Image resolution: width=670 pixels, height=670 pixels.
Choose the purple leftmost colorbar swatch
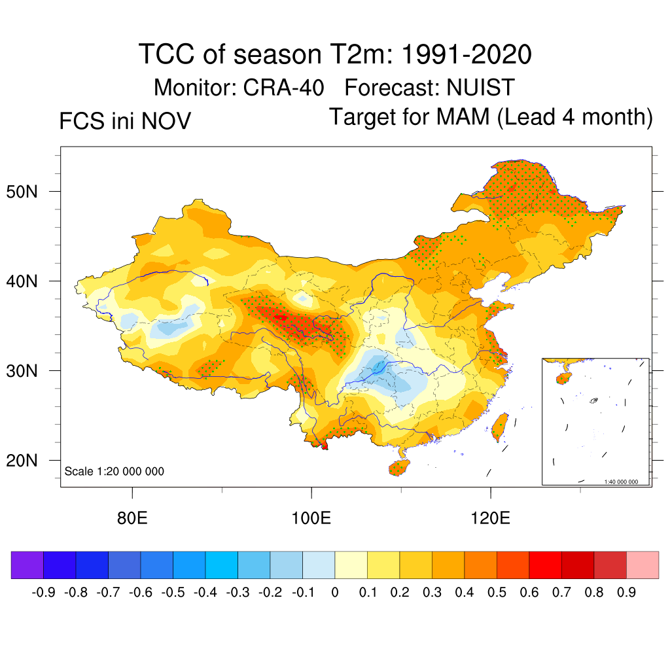click(27, 565)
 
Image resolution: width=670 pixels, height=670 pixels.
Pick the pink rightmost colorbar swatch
click(643, 565)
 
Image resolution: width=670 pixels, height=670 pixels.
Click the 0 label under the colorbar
click(335, 593)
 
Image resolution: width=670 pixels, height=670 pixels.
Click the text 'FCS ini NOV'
click(125, 121)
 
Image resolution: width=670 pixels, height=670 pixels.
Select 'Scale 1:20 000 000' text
click(115, 471)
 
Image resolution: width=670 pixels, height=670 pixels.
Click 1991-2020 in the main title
click(465, 55)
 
